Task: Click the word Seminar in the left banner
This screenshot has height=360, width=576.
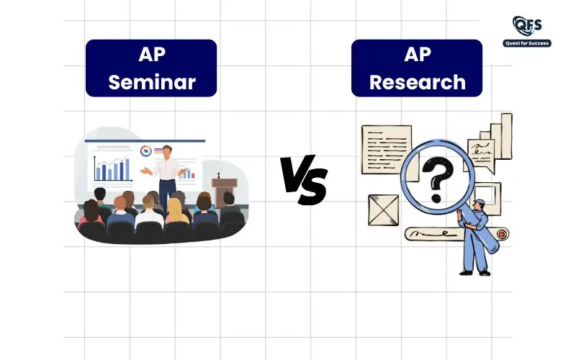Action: [x=152, y=81]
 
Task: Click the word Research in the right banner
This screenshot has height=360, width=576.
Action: [x=418, y=81]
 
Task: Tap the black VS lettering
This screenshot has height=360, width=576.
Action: [x=304, y=179]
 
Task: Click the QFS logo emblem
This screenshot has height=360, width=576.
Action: [x=527, y=26]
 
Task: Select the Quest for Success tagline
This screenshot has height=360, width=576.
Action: [x=527, y=43]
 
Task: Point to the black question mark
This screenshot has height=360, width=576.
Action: [x=438, y=179]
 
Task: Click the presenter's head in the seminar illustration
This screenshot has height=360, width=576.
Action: [x=167, y=152]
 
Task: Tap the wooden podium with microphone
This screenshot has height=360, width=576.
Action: [x=224, y=190]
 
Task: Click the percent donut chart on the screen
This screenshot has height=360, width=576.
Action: [x=146, y=150]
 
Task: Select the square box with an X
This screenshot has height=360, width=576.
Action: [x=384, y=210]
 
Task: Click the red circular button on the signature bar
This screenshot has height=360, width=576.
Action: [x=501, y=234]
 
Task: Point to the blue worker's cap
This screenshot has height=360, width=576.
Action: [x=480, y=202]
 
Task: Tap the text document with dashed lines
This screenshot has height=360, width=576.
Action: [x=387, y=150]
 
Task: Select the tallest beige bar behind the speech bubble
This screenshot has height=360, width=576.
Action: [x=507, y=136]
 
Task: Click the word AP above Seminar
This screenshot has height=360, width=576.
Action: [x=152, y=55]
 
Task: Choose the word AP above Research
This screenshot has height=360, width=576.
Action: [x=418, y=55]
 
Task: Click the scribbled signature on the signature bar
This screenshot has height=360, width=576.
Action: [x=430, y=233]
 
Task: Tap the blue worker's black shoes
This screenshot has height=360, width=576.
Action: [x=475, y=273]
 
